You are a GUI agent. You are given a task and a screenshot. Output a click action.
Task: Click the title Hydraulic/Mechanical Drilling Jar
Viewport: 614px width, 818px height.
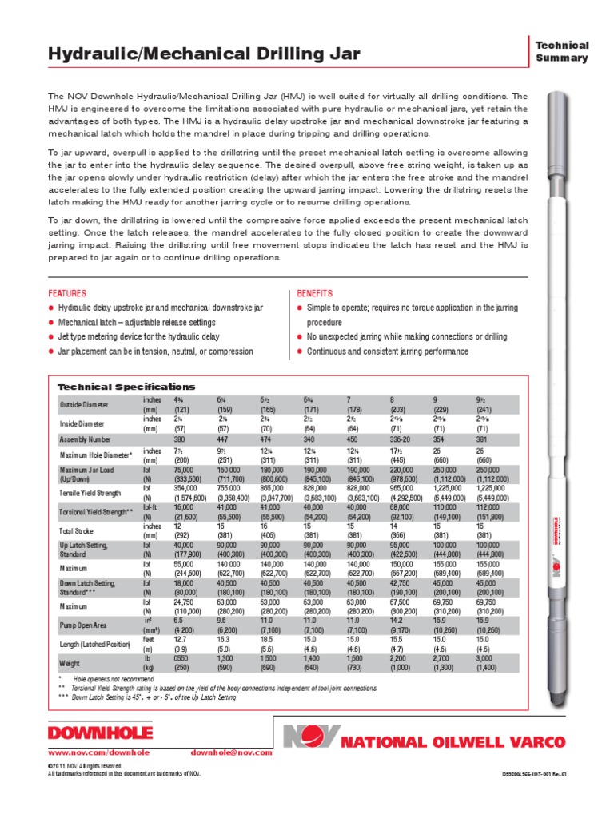click(204, 54)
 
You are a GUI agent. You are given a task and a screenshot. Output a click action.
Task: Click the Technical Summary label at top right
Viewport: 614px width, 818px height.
click(561, 52)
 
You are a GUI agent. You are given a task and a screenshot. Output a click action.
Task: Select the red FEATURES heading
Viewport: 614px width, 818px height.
click(67, 294)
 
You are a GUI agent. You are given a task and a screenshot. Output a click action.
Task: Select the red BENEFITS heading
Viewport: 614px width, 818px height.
click(315, 294)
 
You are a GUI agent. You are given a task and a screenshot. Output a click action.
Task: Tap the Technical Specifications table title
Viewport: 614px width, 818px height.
click(126, 387)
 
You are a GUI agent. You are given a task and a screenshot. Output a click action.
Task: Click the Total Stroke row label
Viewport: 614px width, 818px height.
click(78, 531)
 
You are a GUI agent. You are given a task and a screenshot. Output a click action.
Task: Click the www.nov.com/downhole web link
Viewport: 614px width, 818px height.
click(88, 752)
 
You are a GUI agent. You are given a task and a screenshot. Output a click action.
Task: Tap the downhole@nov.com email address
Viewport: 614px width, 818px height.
click(226, 752)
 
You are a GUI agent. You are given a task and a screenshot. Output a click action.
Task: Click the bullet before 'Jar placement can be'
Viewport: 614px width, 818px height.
click(52, 351)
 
